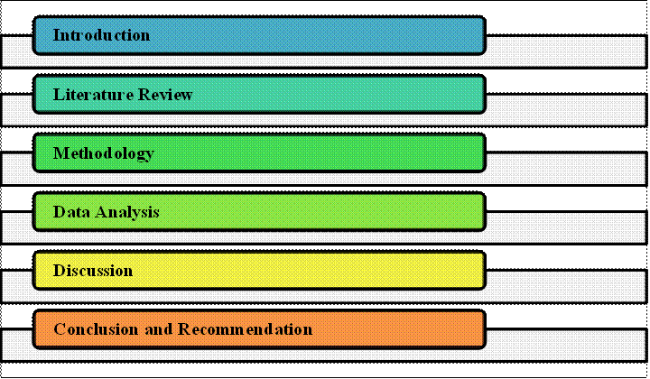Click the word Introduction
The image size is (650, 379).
pos(101,35)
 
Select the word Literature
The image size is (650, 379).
pos(94,95)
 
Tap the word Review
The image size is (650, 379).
pos(165,95)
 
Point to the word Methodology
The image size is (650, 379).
pos(104,154)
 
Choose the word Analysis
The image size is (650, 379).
pos(127,213)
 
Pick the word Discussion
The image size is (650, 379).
pos(93,271)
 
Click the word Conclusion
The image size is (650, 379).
pos(96,329)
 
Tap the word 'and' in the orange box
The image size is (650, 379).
pos(159,329)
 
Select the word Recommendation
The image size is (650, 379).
pos(246,329)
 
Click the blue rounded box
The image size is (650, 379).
pos(259,35)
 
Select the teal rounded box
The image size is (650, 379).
pos(259,94)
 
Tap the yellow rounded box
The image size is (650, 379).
pos(259,271)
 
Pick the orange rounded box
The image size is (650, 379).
pos(259,329)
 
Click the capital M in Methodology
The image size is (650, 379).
pos(61,153)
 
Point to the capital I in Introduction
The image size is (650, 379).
pos(57,35)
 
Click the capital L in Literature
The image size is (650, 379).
pos(59,95)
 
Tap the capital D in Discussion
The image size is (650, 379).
pos(60,271)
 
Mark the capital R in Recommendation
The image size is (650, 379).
pos(184,329)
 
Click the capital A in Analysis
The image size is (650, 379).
pos(101,212)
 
